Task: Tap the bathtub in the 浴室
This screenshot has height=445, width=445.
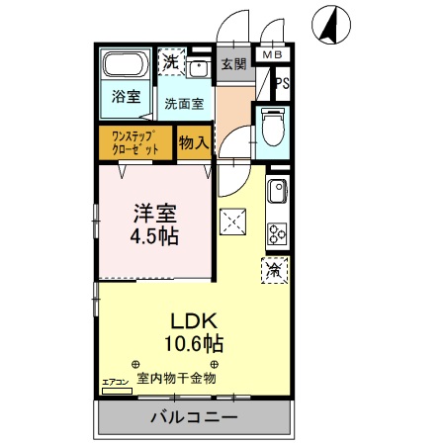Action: pyautogui.click(x=126, y=67)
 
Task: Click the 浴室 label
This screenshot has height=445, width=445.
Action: pyautogui.click(x=125, y=99)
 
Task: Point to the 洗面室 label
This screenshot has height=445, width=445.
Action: pyautogui.click(x=184, y=102)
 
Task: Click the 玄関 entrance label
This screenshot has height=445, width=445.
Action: pyautogui.click(x=233, y=64)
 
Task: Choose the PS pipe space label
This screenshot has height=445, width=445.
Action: pyautogui.click(x=283, y=83)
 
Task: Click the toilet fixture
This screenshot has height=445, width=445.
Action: pyautogui.click(x=271, y=128)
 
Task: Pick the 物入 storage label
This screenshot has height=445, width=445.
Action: pyautogui.click(x=193, y=141)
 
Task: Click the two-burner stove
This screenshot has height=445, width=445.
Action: pyautogui.click(x=276, y=235)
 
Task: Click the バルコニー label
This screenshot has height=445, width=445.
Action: pyautogui.click(x=194, y=417)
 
